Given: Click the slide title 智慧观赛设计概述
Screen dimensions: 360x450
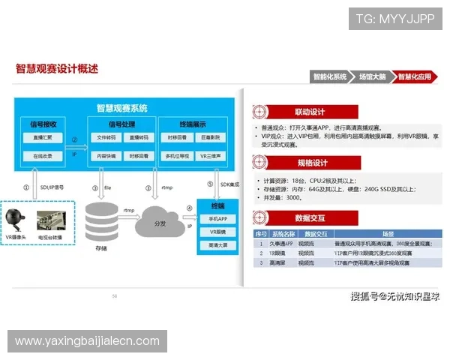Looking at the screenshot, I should pyautogui.click(x=57, y=69).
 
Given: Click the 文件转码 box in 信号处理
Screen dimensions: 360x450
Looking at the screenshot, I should pyautogui.click(x=106, y=137).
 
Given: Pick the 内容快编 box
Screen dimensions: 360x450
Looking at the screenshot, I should pyautogui.click(x=106, y=157).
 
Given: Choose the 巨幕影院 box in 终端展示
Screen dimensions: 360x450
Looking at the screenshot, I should pyautogui.click(x=208, y=137).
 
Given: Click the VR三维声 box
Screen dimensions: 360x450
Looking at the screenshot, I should pyautogui.click(x=208, y=157).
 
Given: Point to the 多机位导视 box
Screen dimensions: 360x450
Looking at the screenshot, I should pyautogui.click(x=177, y=157).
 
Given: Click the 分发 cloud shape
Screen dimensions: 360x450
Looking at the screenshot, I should pyautogui.click(x=159, y=222).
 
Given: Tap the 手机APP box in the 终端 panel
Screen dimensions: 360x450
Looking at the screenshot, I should pyautogui.click(x=217, y=218).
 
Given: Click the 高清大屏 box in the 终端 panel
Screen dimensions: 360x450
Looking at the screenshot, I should pyautogui.click(x=217, y=245).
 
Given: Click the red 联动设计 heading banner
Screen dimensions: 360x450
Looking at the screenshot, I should pyautogui.click(x=310, y=111).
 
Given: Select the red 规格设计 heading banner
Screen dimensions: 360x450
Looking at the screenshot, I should pyautogui.click(x=310, y=163).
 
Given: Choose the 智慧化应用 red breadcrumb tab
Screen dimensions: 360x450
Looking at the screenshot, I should pyautogui.click(x=414, y=76).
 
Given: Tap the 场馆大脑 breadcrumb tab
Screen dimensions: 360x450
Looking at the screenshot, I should pyautogui.click(x=372, y=76).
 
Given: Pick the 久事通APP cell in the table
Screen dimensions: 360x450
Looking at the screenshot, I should pyautogui.click(x=280, y=244).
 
